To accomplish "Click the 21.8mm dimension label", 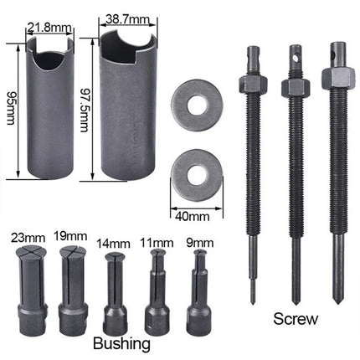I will [x=44, y=28].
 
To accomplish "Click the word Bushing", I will [x=122, y=343].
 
